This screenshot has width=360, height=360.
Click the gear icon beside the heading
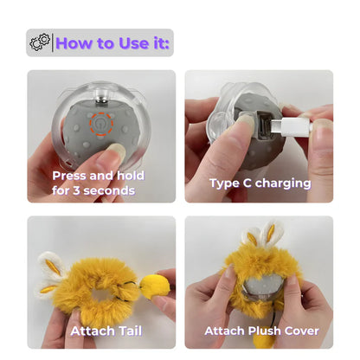(x=41, y=42)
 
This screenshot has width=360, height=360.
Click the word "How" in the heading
(x=75, y=42)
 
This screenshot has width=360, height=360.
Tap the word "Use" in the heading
(x=131, y=42)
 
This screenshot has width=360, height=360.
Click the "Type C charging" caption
(x=259, y=183)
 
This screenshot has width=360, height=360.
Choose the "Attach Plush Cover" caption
(x=261, y=331)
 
